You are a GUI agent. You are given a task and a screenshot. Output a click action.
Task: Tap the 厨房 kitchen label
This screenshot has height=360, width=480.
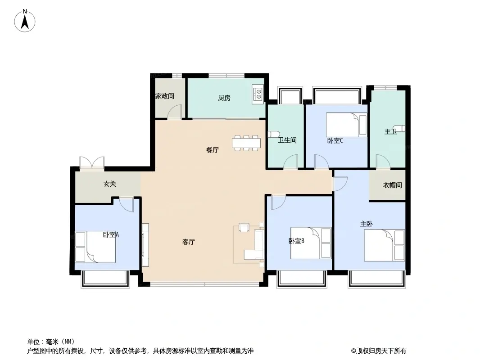pos(224,98)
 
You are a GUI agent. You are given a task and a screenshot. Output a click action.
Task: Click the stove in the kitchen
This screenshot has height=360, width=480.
pos(258,94)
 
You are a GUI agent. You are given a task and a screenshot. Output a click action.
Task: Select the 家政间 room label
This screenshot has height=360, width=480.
pos(165,96)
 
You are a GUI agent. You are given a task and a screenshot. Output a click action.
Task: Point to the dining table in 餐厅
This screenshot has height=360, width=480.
pos(246,143)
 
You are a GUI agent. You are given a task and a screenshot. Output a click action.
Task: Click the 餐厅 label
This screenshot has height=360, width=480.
pos(213,150)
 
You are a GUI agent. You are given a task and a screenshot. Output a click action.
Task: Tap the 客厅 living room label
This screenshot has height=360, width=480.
pos(189,242)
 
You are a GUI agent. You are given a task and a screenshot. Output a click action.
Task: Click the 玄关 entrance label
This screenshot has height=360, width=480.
pos(109,184)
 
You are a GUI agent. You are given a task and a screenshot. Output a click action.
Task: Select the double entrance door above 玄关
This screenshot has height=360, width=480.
pos(92,162)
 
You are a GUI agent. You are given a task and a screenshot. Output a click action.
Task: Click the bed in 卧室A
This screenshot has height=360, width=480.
pos(95,247)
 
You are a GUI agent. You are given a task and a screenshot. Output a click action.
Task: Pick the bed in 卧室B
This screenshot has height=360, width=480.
pos(311,243)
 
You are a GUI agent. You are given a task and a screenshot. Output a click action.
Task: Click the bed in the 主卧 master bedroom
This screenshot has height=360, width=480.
pos(385,245)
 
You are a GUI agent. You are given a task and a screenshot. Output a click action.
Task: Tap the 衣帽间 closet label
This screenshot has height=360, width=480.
pos(393,185)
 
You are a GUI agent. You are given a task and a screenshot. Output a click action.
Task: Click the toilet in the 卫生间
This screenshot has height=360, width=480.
pos(273,134)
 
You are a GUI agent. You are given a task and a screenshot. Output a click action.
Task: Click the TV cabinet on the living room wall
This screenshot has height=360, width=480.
pos(145,245)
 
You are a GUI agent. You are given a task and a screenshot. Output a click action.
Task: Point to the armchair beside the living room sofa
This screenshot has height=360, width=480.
pos(244,228)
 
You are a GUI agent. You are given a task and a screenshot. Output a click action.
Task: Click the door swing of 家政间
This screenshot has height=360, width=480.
pos(175,112)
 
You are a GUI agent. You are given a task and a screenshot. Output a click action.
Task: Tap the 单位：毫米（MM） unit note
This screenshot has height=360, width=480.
pos(51,342)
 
